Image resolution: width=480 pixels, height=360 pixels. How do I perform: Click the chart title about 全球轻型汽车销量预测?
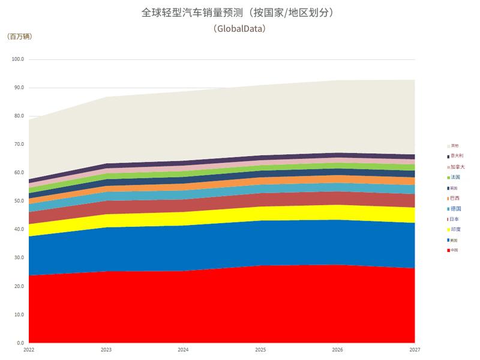point(240,13)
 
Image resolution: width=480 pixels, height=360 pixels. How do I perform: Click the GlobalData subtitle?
point(239,28)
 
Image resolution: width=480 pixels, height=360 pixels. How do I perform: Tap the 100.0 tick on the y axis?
point(17,59)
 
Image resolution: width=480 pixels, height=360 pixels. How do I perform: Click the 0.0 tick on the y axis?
point(19,343)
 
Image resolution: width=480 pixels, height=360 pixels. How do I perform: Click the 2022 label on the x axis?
point(29,349)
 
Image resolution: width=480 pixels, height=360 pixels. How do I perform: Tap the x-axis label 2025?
point(260,349)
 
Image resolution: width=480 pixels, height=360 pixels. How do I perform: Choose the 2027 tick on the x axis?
point(415,349)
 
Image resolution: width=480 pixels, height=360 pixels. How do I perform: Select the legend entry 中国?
point(454,250)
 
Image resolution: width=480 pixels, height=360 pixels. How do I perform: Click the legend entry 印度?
point(455,229)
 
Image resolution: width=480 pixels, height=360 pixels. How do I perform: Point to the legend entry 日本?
point(455,219)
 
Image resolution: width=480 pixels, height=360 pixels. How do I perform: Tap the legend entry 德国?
point(455,209)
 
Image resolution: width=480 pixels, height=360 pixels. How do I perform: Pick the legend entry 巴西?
point(455,198)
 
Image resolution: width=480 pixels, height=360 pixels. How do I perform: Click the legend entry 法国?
point(455,178)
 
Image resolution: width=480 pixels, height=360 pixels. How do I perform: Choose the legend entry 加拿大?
point(457,167)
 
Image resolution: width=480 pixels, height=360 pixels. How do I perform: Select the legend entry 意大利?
point(457,155)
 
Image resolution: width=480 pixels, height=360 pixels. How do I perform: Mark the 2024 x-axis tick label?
point(183,349)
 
